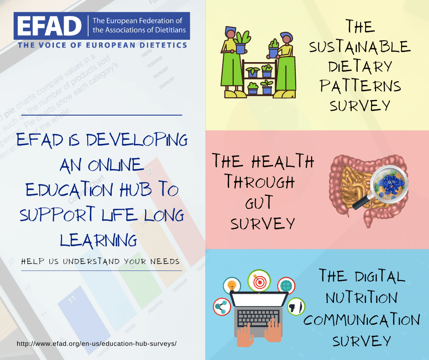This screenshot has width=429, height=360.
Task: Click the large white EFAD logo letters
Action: tap(49, 26)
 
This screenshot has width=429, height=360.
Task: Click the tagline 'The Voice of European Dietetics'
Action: tap(102, 45)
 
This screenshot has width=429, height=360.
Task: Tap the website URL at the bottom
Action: tap(97, 344)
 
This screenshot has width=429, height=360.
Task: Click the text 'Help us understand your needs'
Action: tap(100, 261)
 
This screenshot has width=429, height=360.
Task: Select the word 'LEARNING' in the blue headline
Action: tap(99, 240)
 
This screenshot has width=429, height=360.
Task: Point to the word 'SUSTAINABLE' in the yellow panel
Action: tap(360, 47)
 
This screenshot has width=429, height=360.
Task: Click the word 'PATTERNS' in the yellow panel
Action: tap(361, 86)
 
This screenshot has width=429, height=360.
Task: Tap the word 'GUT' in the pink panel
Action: tap(259, 202)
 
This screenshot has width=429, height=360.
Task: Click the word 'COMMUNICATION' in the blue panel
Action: tap(361, 320)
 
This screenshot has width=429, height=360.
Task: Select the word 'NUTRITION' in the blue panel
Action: tap(361, 297)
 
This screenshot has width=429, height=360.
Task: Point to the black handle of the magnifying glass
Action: tap(361, 203)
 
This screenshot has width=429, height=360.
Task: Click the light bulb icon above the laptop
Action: tap(232, 286)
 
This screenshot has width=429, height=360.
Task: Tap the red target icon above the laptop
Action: tap(259, 281)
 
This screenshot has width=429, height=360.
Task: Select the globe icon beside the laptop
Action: tap(286, 286)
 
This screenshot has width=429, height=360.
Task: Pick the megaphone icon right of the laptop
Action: tap(296, 307)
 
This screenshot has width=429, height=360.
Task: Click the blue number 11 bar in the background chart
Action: tap(82, 315)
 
